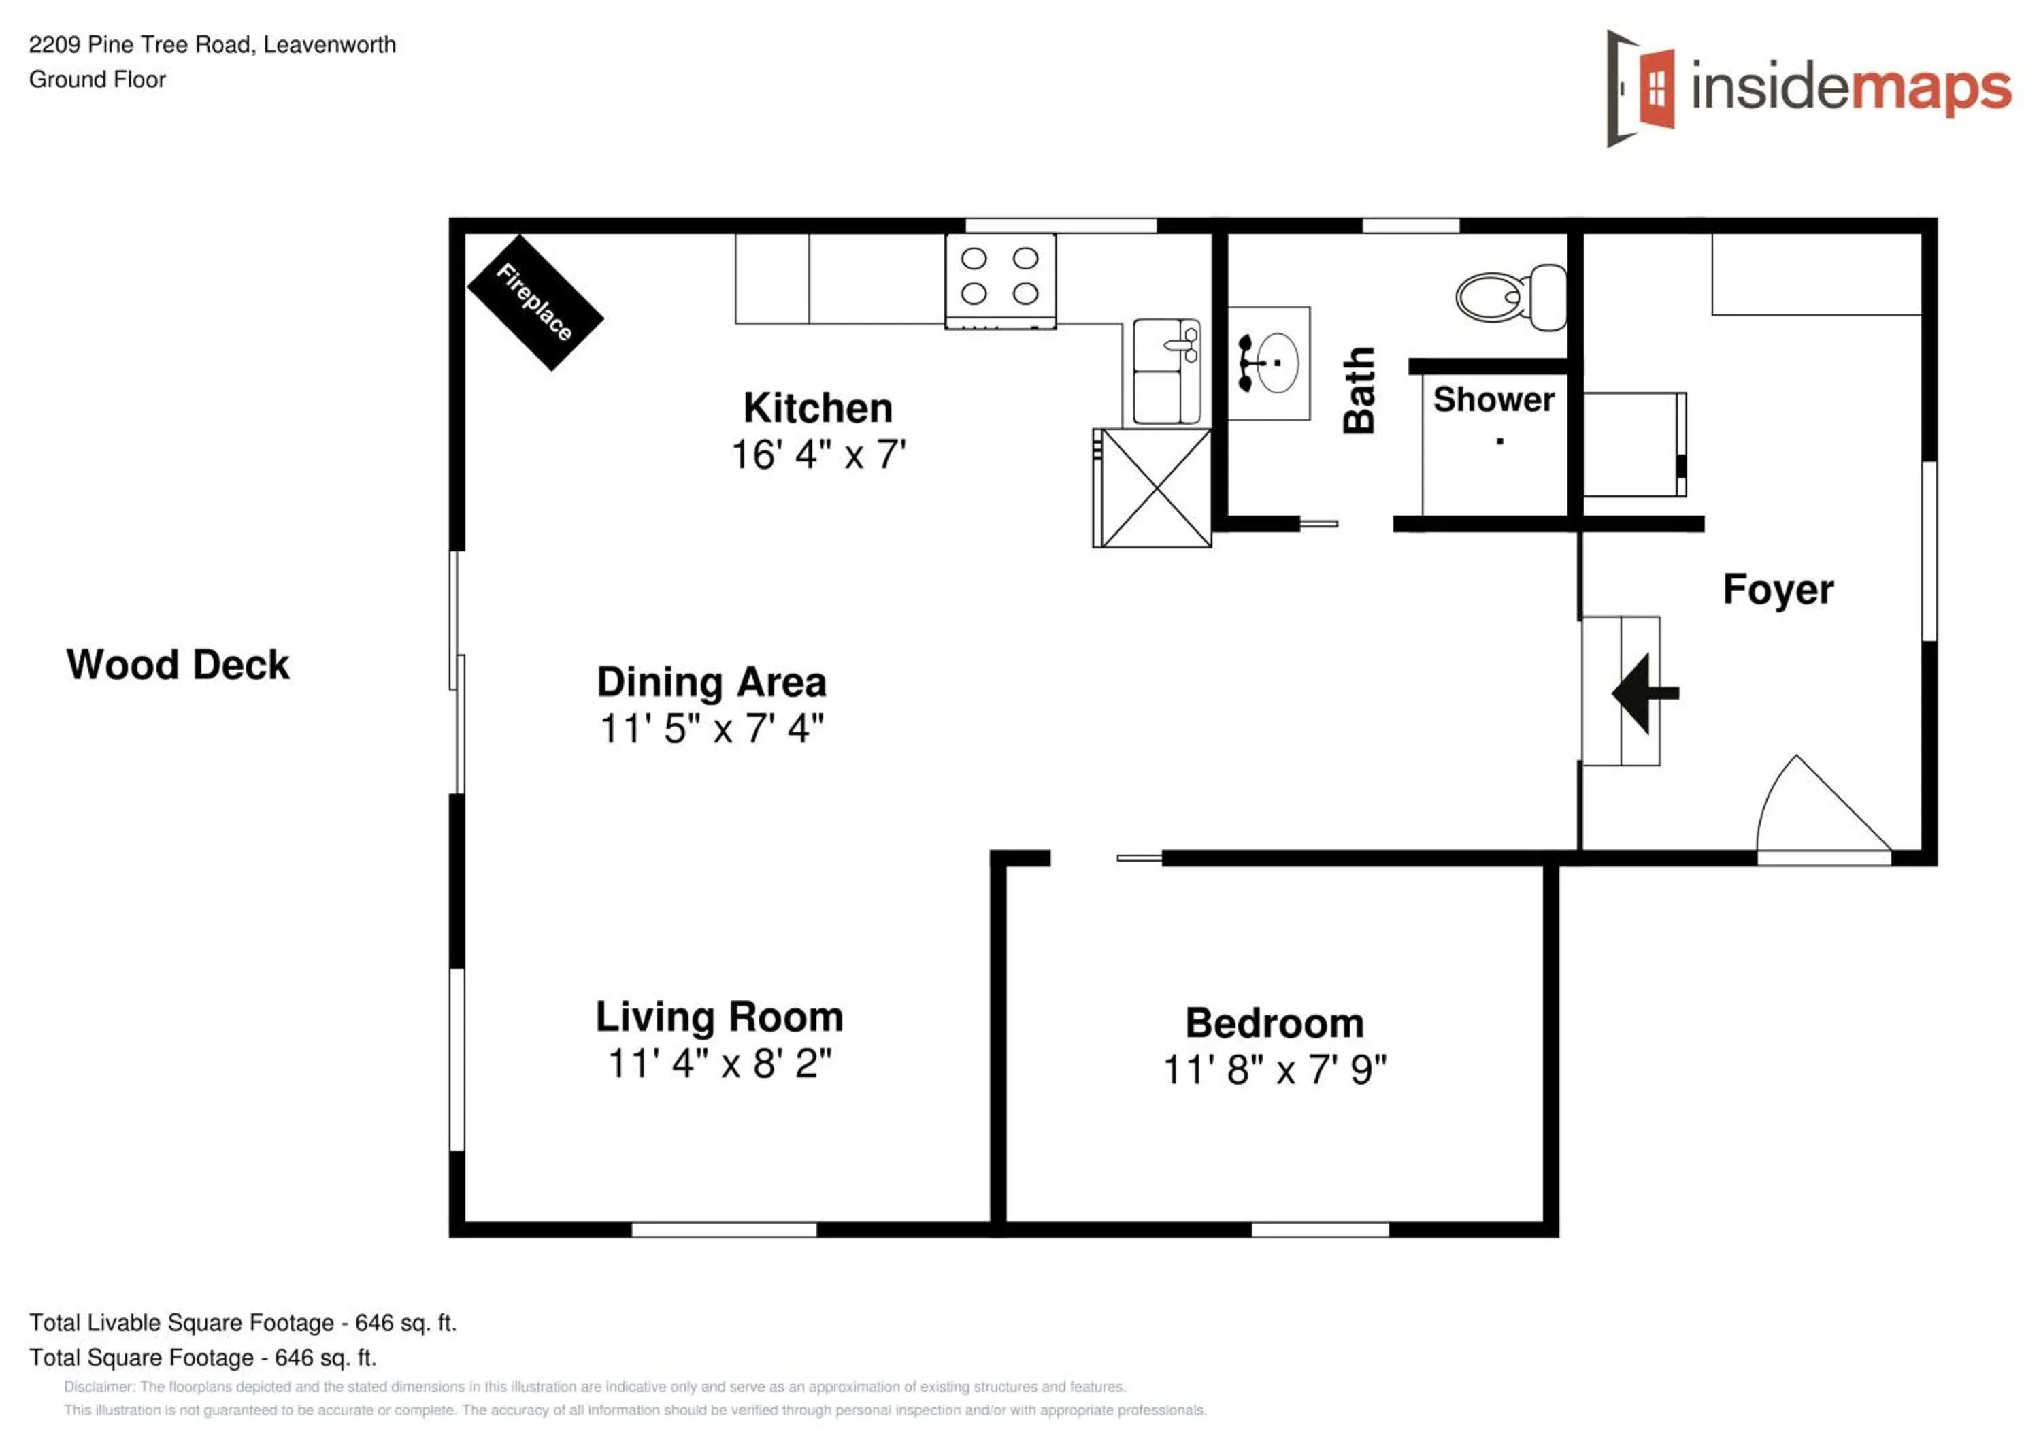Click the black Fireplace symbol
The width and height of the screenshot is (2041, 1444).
coord(535,302)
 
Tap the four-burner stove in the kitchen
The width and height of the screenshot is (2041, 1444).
coord(1000,280)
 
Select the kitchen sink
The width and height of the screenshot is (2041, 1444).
coord(1166,371)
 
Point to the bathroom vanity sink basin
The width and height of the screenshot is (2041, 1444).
coord(1276,363)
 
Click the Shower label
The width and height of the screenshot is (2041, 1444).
coord(1493,400)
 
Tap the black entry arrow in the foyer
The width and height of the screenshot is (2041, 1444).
coord(1644,693)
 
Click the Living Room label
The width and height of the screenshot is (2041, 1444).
coord(719,1017)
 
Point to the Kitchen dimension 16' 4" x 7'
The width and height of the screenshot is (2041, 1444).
coord(818,455)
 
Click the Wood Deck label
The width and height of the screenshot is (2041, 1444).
coord(178,665)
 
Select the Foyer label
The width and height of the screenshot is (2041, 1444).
coord(1778,589)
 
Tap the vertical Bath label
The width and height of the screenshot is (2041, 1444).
coord(1359,391)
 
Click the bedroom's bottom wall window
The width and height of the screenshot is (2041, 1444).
coord(1320,1230)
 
